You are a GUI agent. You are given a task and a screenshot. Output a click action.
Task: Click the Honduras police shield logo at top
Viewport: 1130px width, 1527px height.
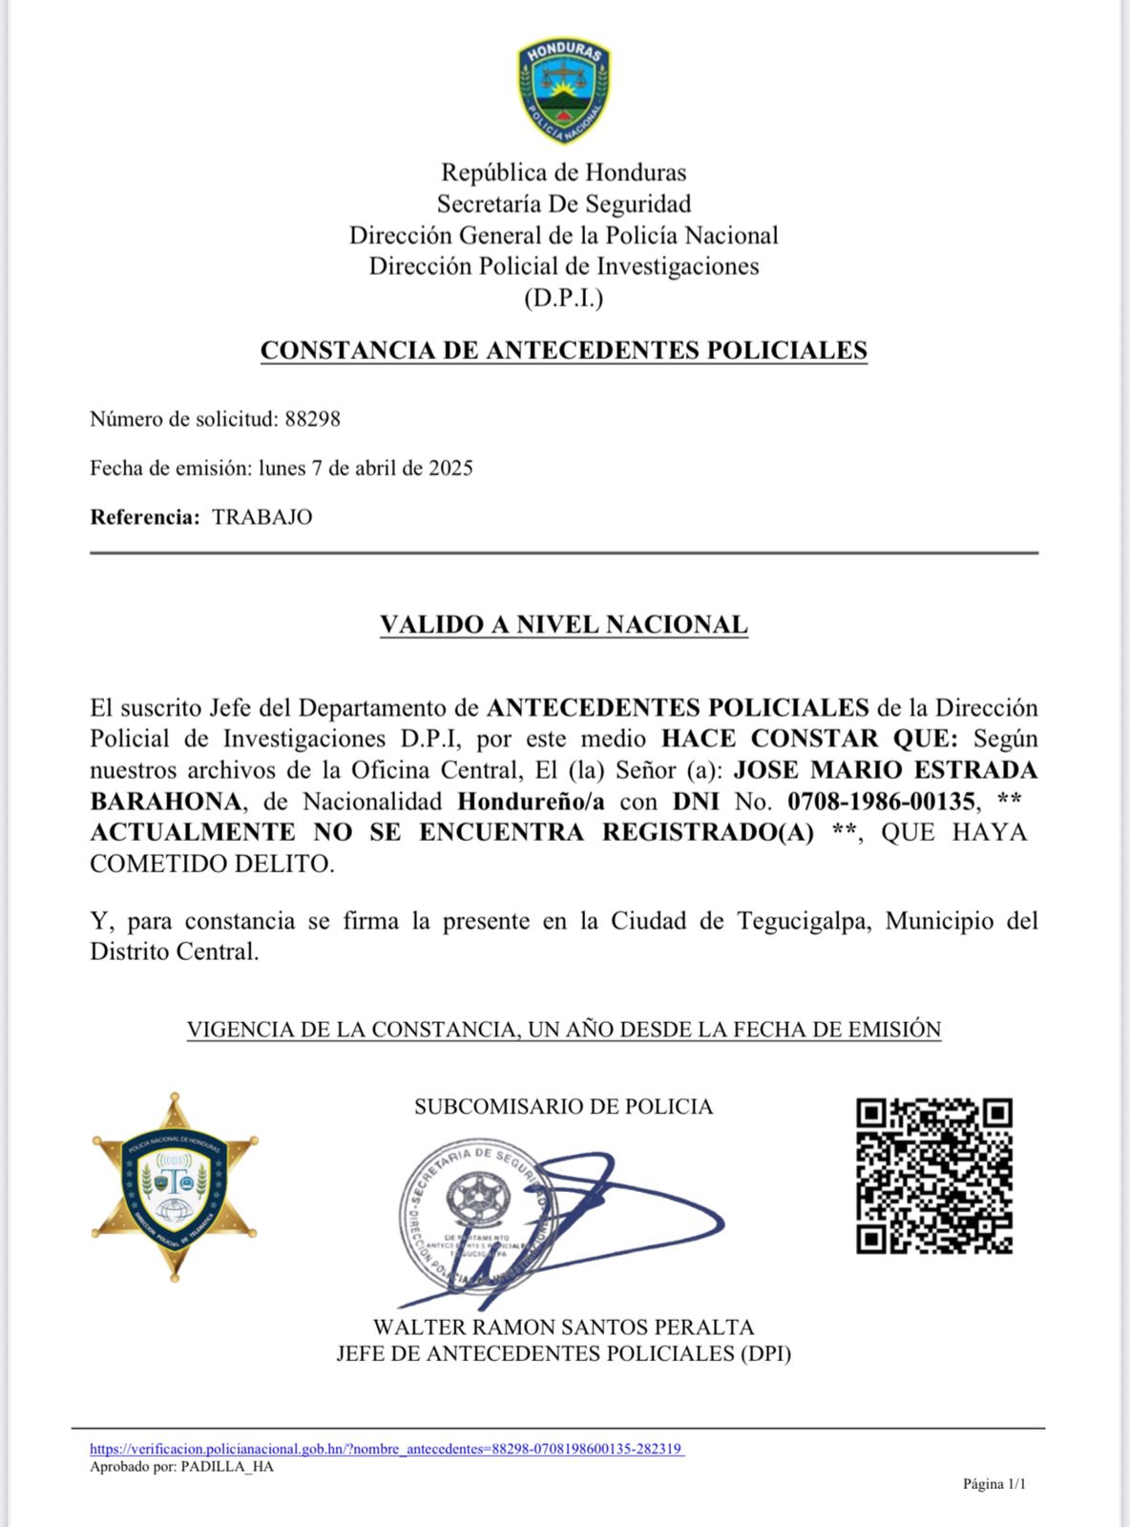click(x=564, y=92)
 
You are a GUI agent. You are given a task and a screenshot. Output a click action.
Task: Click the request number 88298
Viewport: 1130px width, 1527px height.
click(x=312, y=419)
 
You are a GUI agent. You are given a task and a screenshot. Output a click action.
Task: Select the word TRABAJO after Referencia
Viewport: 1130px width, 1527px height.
click(x=262, y=517)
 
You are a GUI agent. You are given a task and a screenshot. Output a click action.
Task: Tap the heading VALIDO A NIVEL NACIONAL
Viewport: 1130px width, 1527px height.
click(x=563, y=625)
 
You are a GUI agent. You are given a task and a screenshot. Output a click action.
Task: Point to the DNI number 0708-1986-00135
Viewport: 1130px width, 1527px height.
click(x=881, y=802)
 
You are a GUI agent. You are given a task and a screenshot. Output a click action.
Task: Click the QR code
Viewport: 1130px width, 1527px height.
click(x=933, y=1176)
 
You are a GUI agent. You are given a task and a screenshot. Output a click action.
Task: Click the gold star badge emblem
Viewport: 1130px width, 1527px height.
click(x=175, y=1186)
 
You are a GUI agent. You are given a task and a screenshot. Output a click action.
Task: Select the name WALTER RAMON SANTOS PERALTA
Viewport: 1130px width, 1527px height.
click(x=563, y=1328)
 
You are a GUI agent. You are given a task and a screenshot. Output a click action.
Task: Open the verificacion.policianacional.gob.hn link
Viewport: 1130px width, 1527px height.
click(x=387, y=1449)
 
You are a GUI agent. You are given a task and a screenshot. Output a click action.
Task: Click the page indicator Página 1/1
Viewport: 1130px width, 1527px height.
click(x=994, y=1484)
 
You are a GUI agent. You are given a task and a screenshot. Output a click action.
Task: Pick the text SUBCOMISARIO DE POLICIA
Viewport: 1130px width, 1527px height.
click(x=563, y=1107)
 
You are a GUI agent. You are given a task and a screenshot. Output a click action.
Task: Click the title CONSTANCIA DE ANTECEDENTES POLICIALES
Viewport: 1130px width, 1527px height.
click(x=563, y=350)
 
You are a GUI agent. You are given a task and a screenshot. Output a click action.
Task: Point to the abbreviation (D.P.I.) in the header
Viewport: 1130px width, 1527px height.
click(x=563, y=299)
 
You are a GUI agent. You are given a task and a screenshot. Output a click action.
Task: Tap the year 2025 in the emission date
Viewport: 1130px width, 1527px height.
click(x=450, y=469)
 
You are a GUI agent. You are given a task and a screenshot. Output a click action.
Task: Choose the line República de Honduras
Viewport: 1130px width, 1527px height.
click(x=563, y=173)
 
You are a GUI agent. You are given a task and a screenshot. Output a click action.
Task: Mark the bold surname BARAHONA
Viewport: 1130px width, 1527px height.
click(x=165, y=802)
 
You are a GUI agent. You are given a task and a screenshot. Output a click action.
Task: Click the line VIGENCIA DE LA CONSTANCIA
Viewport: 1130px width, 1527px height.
click(x=563, y=1030)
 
